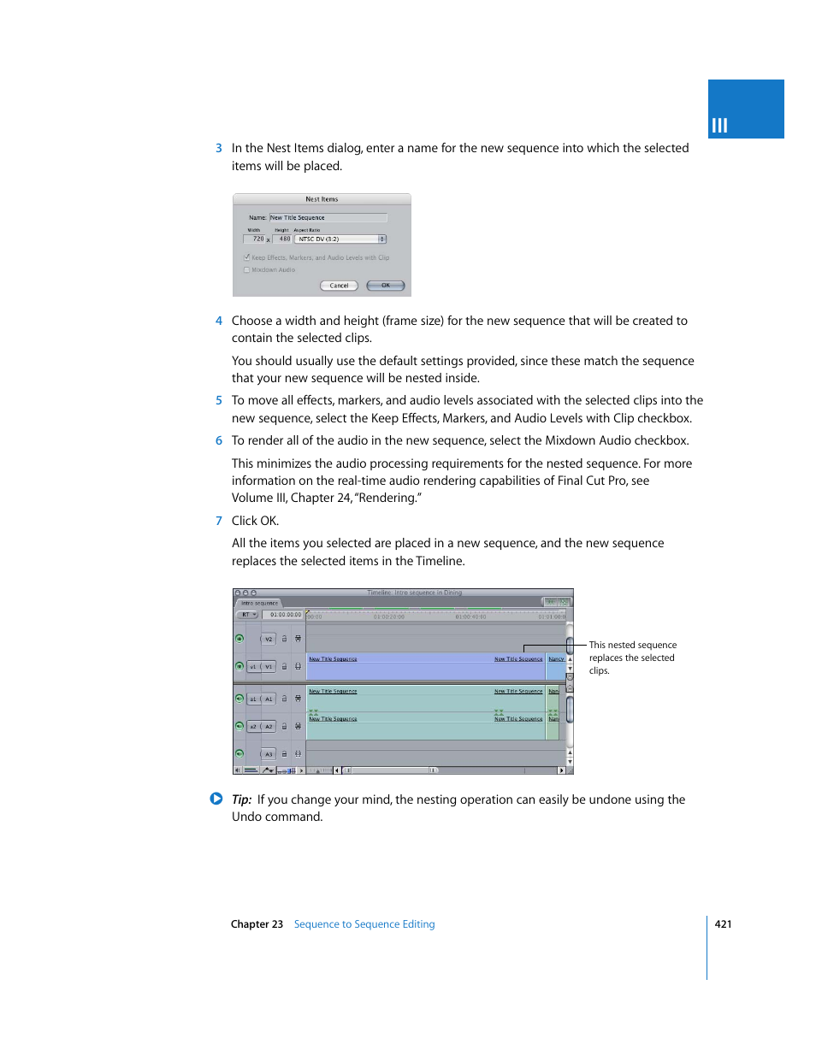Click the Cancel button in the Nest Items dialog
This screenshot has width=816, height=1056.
339,286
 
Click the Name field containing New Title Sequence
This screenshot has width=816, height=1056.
328,218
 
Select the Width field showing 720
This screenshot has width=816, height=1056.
256,239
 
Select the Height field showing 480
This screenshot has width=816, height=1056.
283,239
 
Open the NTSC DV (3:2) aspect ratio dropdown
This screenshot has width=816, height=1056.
341,239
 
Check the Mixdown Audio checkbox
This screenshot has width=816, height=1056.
247,270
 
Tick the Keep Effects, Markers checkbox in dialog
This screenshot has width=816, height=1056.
247,257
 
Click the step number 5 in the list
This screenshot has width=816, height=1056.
219,400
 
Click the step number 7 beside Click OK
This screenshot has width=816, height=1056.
219,521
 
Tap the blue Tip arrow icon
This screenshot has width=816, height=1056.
216,799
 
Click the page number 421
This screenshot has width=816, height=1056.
723,924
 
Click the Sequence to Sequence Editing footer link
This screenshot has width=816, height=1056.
364,924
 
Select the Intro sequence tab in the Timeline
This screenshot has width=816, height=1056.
259,603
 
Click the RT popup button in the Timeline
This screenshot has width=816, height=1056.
248,615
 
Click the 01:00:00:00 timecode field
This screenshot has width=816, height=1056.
285,615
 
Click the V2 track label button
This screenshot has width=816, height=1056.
269,639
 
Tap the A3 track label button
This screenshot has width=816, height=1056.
269,754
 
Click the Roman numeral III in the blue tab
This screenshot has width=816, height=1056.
719,126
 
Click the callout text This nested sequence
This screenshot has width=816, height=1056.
632,646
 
